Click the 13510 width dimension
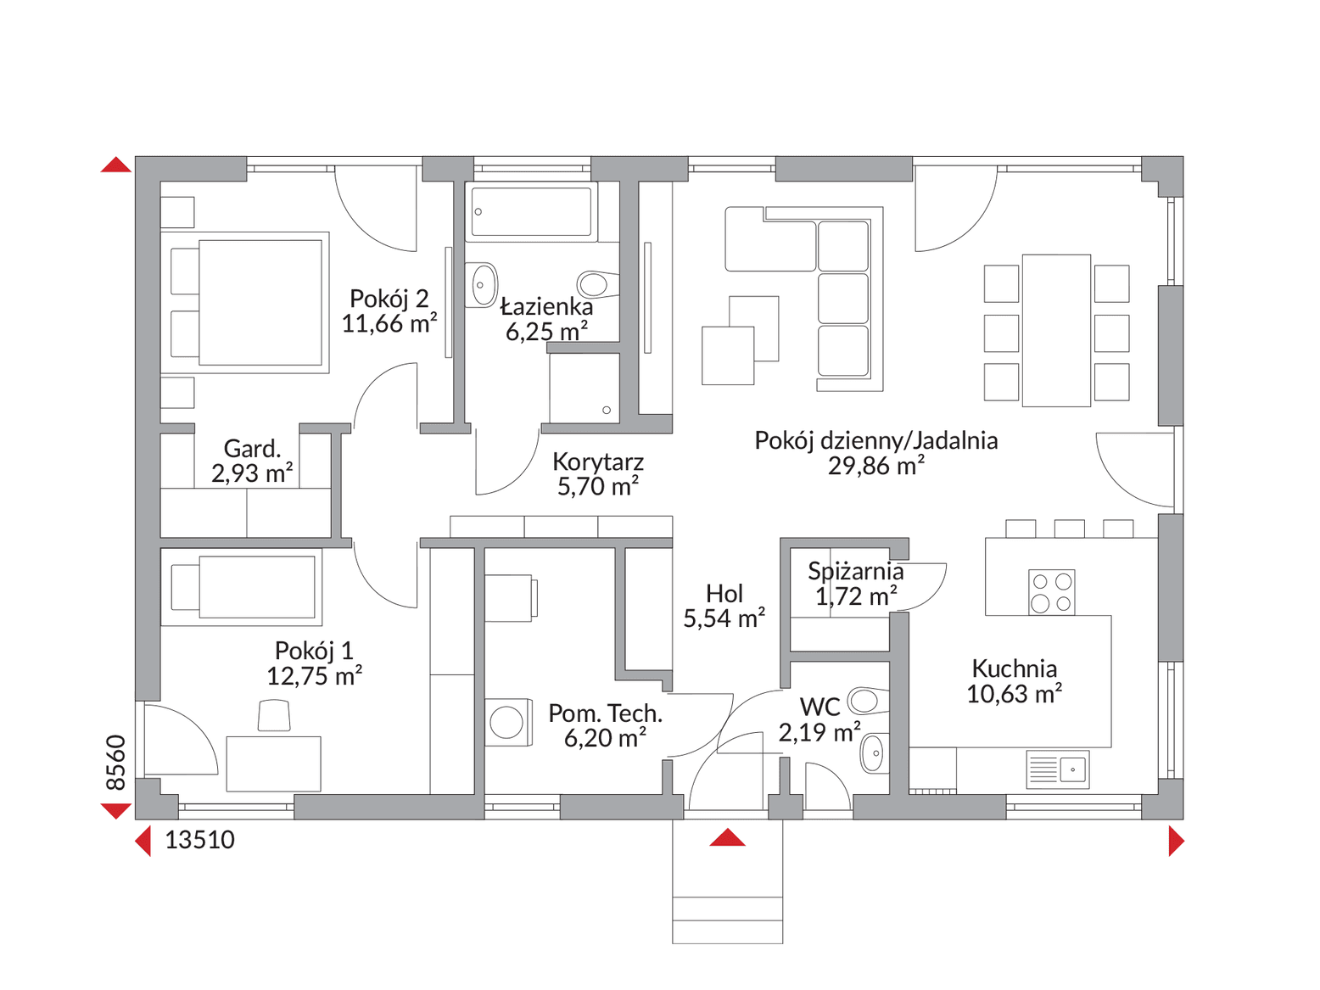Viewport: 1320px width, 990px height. [199, 841]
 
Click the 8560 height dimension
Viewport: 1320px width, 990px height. [115, 762]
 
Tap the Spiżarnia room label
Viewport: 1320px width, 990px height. [855, 572]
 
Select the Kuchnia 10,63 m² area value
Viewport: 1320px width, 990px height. [1014, 694]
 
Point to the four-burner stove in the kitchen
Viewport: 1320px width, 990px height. [1052, 592]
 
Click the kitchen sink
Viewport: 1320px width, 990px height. [1057, 769]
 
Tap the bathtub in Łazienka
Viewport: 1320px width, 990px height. [531, 211]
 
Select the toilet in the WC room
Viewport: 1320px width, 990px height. [868, 701]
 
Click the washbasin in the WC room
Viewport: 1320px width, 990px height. [874, 753]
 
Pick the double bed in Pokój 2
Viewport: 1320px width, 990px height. [245, 302]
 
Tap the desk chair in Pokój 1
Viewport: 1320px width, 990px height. [274, 715]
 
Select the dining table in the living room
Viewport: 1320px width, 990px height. [1057, 331]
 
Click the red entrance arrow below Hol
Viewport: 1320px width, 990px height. [727, 836]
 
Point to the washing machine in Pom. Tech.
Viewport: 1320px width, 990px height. [508, 722]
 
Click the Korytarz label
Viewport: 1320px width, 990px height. [598, 462]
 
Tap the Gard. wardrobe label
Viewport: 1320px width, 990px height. [252, 449]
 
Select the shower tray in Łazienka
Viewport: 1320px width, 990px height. [584, 389]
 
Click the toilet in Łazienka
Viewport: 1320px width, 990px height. [598, 283]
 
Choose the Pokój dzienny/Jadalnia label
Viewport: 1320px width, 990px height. [876, 441]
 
